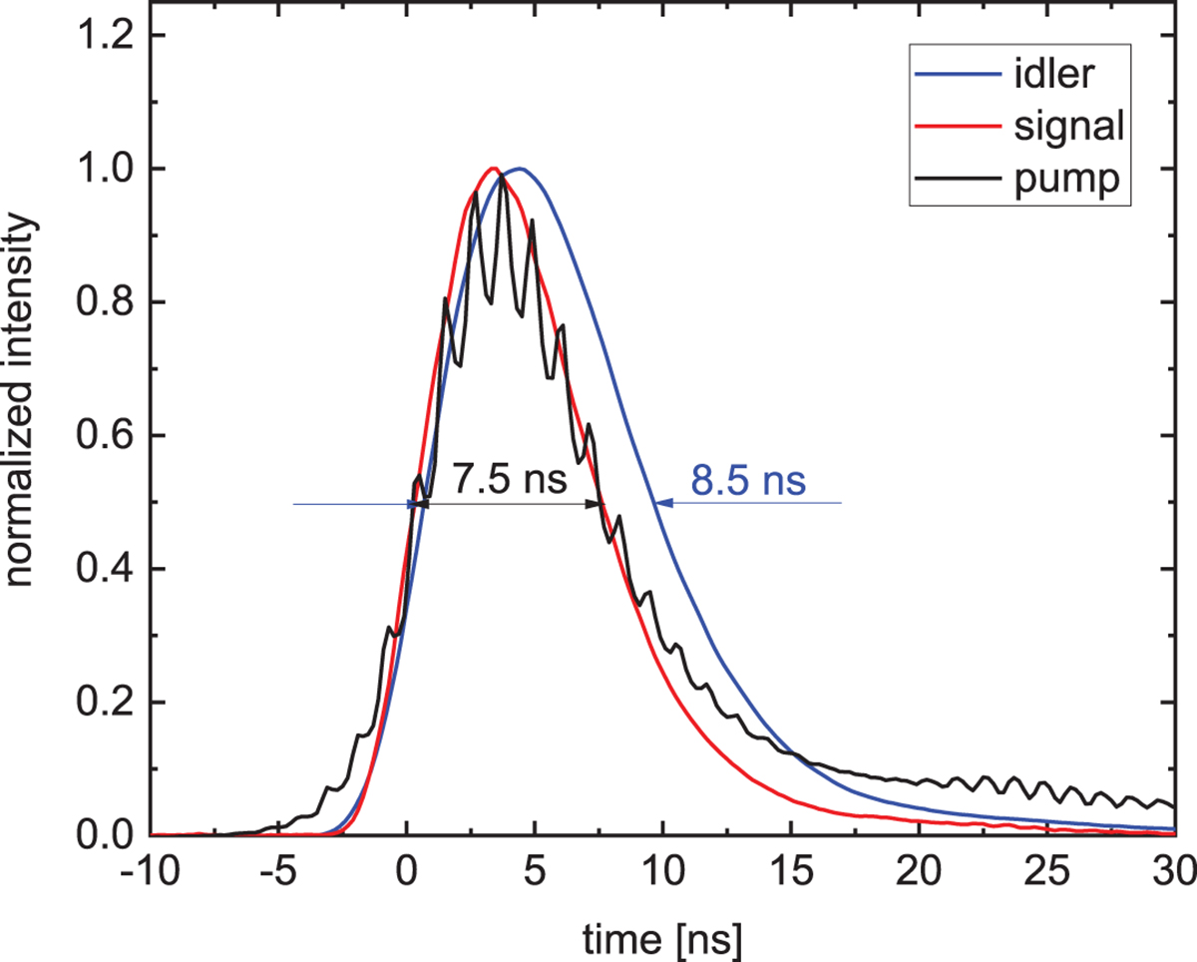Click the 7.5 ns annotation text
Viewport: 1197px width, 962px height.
tap(510, 481)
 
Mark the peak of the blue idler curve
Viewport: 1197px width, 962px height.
tap(520, 169)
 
